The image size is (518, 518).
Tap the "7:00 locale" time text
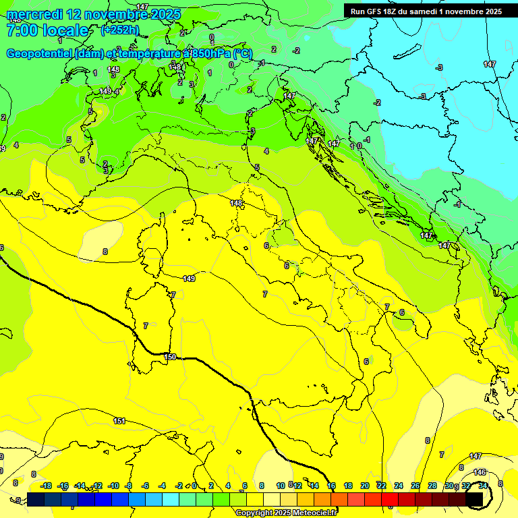pyautogui.click(x=47, y=30)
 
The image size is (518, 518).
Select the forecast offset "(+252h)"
pyautogui.click(x=119, y=30)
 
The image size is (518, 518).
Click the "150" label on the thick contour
pyautogui.click(x=170, y=357)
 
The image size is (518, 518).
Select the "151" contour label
pyautogui.click(x=119, y=421)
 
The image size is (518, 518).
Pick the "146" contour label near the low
pyautogui.click(x=480, y=472)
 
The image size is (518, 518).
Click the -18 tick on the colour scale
pyautogui.click(x=46, y=486)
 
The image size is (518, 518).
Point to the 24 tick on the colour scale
pyautogui.click(x=399, y=486)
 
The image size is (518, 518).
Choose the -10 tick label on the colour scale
pyautogui.click(x=113, y=486)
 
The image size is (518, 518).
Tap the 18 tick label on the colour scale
pyautogui.click(x=348, y=486)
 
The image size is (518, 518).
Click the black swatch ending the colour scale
pyautogui.click(x=475, y=499)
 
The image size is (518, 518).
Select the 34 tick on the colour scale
pyautogui.click(x=482, y=486)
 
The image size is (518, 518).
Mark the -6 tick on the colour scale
pyautogui.click(x=146, y=486)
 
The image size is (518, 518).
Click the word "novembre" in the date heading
pyautogui.click(x=119, y=14)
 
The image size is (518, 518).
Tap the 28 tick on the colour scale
pyautogui.click(x=432, y=486)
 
